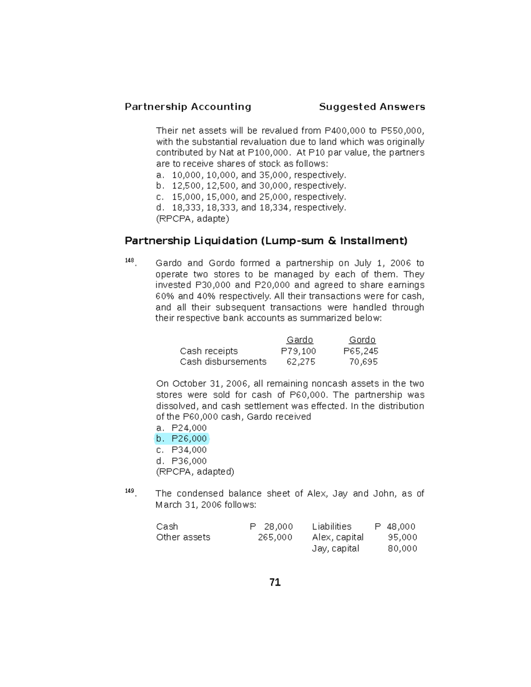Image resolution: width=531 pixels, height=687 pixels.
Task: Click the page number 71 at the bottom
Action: tap(275, 583)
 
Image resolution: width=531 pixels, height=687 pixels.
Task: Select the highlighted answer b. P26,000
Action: tap(182, 438)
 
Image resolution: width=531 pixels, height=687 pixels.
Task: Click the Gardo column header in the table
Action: tap(300, 340)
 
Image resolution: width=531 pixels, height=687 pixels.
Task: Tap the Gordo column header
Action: tap(362, 340)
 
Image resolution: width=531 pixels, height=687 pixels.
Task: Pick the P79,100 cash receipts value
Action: tap(299, 351)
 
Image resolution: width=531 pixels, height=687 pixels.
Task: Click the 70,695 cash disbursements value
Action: tap(363, 362)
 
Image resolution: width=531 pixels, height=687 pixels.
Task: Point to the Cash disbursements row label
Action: tap(223, 362)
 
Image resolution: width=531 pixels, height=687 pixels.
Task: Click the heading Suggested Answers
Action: tap(372, 107)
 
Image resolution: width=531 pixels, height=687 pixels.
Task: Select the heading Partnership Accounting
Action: tap(188, 107)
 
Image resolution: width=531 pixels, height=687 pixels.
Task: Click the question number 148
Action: tap(130, 261)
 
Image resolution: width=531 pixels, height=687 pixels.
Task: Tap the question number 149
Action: tap(130, 491)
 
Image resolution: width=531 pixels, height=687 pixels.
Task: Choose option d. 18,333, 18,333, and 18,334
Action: tap(251, 207)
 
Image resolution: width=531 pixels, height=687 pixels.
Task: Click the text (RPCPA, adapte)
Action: tap(192, 219)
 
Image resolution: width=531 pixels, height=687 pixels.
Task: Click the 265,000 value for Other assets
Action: tap(275, 537)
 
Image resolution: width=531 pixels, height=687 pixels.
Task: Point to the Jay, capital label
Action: tap(335, 548)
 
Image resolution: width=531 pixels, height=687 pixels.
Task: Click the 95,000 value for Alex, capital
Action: tap(402, 537)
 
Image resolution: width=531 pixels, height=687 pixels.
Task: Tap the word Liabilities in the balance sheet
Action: tap(331, 526)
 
